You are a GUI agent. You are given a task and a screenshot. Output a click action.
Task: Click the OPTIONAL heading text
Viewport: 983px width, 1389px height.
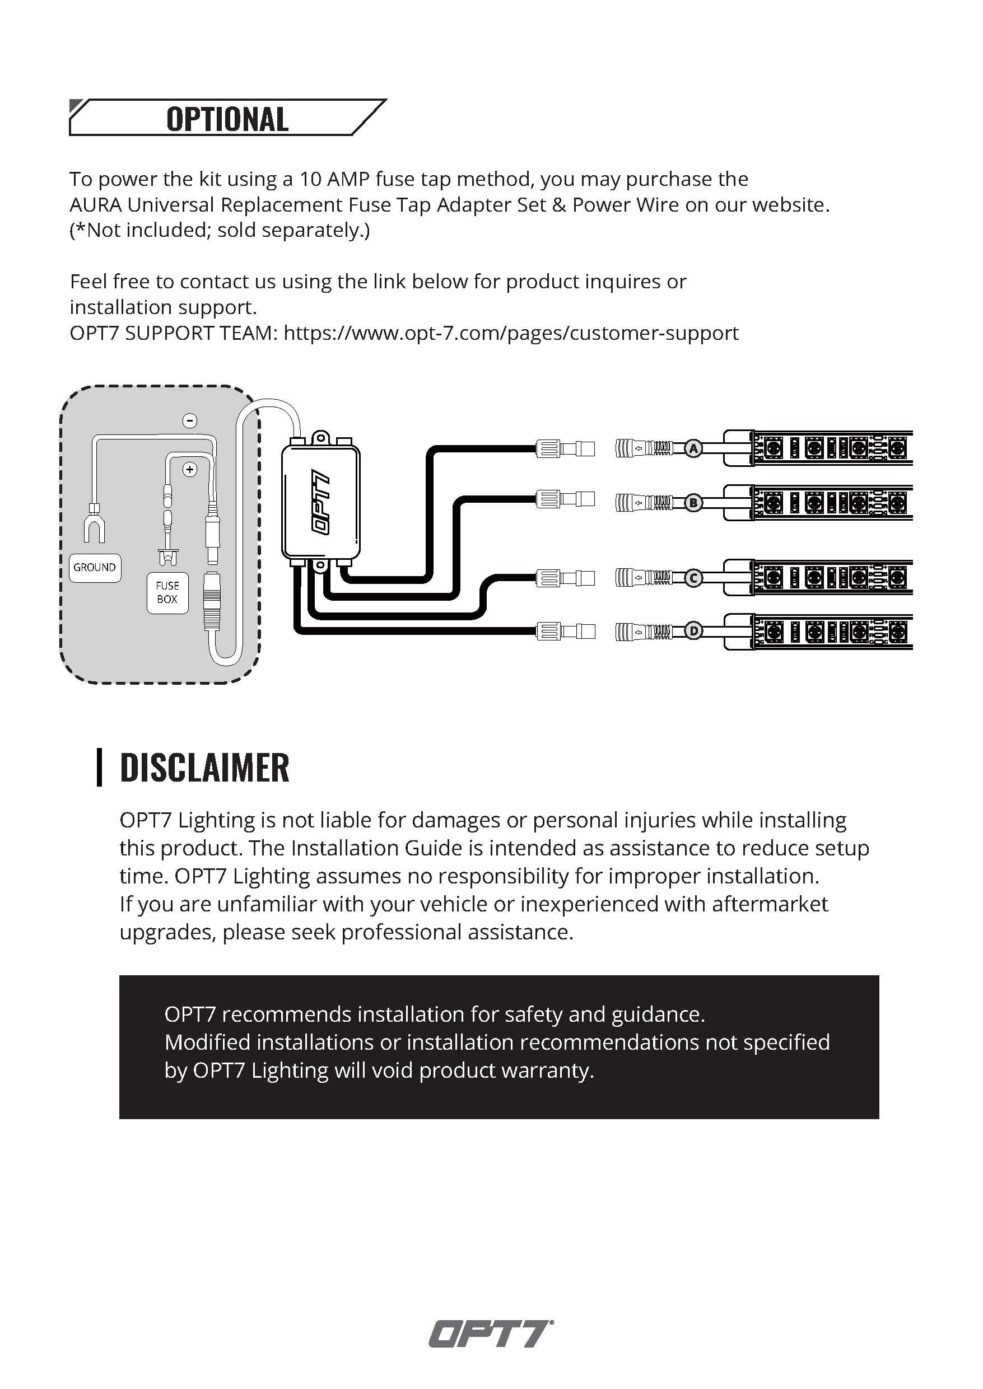(x=227, y=119)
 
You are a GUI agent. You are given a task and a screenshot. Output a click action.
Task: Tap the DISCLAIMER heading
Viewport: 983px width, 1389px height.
(x=204, y=768)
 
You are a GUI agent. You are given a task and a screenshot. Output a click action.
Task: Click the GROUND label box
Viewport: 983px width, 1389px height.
(x=95, y=568)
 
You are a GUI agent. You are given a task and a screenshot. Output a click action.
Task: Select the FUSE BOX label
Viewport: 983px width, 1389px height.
(x=167, y=593)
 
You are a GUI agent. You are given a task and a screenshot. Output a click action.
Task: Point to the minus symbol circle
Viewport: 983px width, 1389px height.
(x=190, y=420)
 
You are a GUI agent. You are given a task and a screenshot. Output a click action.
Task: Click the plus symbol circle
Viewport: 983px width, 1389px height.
(x=190, y=470)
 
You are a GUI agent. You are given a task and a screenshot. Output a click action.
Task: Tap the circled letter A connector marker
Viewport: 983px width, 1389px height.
(x=693, y=449)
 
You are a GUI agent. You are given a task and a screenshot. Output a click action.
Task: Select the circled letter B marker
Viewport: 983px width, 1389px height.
(x=693, y=503)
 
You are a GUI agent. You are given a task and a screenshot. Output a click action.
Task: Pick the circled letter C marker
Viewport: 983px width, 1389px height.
(x=693, y=578)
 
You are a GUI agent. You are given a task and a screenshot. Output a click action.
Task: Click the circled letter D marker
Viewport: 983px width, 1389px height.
(x=693, y=632)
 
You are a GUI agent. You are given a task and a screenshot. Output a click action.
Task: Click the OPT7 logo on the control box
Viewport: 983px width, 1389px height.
(x=321, y=502)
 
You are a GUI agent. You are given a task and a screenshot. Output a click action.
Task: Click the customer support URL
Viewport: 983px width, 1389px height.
(x=511, y=333)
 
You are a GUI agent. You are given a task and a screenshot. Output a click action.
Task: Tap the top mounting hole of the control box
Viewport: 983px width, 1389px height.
(x=321, y=437)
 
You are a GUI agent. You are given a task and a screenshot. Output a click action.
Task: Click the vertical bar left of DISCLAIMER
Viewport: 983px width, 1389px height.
(x=99, y=768)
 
